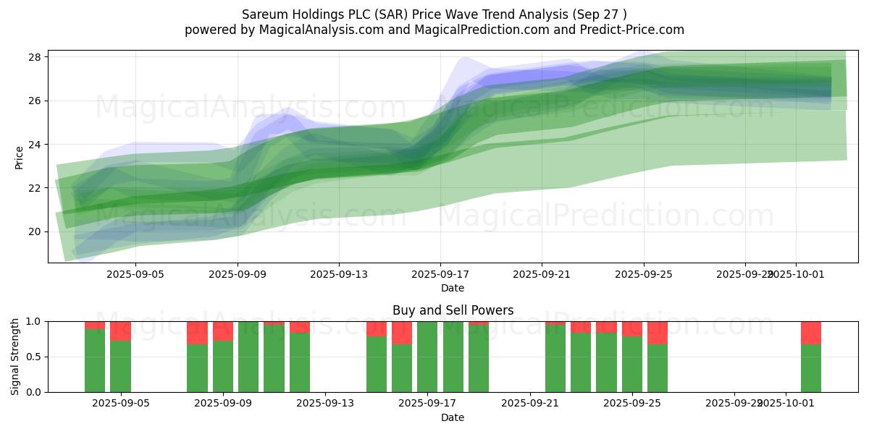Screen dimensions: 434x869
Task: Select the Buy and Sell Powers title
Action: tap(453, 310)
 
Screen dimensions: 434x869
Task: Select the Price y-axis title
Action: tap(19, 157)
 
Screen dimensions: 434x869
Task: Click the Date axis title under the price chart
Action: tap(453, 288)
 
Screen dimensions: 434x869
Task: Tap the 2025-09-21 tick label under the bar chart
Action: tap(529, 404)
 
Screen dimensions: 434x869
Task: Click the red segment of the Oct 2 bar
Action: tap(810, 332)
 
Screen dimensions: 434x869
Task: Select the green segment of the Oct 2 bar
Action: tap(810, 368)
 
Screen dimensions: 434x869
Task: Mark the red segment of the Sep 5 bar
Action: tap(120, 331)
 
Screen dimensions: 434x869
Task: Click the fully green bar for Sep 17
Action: tap(427, 357)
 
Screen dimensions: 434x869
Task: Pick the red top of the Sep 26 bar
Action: tap(657, 332)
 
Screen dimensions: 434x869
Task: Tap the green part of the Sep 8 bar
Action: tap(197, 368)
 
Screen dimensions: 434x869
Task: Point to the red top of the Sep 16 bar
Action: tap(402, 332)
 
